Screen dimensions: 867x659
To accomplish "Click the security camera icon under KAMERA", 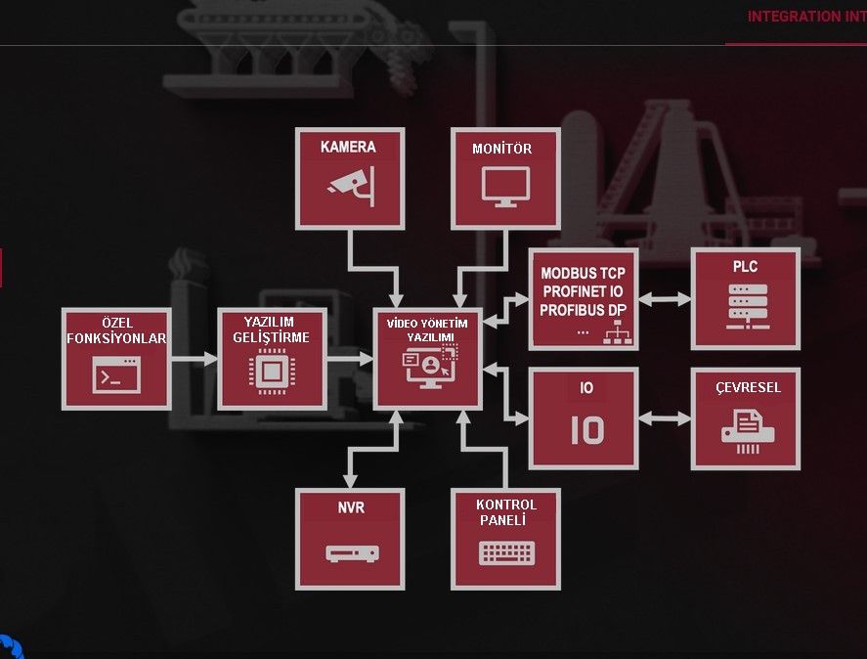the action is coord(352,186).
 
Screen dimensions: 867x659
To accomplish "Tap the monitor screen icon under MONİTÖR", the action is coord(505,187).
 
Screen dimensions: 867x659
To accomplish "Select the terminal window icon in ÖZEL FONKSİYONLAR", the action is coord(116,374).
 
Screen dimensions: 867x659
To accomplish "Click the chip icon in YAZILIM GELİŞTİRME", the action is coord(272,372).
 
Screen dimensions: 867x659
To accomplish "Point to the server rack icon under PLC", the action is coord(748,307).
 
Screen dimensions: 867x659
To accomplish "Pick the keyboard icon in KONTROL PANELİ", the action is coord(506,552).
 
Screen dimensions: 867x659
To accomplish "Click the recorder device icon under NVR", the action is coord(352,553).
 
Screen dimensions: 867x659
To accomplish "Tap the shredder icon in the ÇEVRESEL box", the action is coord(747,431).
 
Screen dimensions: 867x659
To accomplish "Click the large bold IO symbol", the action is coord(587,430).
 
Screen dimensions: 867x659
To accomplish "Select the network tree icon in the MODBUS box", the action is coord(617,332).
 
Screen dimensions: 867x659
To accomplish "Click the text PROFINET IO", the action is coord(583,291).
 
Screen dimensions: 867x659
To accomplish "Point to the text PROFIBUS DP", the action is coord(583,310).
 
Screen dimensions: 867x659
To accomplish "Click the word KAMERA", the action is coord(348,148).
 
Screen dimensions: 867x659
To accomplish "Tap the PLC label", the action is coord(745,267).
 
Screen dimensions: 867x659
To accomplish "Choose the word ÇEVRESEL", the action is coord(748,387).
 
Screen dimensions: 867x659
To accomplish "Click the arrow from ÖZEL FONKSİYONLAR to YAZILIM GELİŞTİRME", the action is coord(195,359).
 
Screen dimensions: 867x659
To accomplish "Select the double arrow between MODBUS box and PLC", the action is coord(665,299).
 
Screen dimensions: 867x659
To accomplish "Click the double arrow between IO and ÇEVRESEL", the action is coord(665,418).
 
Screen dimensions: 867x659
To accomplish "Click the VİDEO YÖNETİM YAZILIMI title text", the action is coord(427,330).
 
